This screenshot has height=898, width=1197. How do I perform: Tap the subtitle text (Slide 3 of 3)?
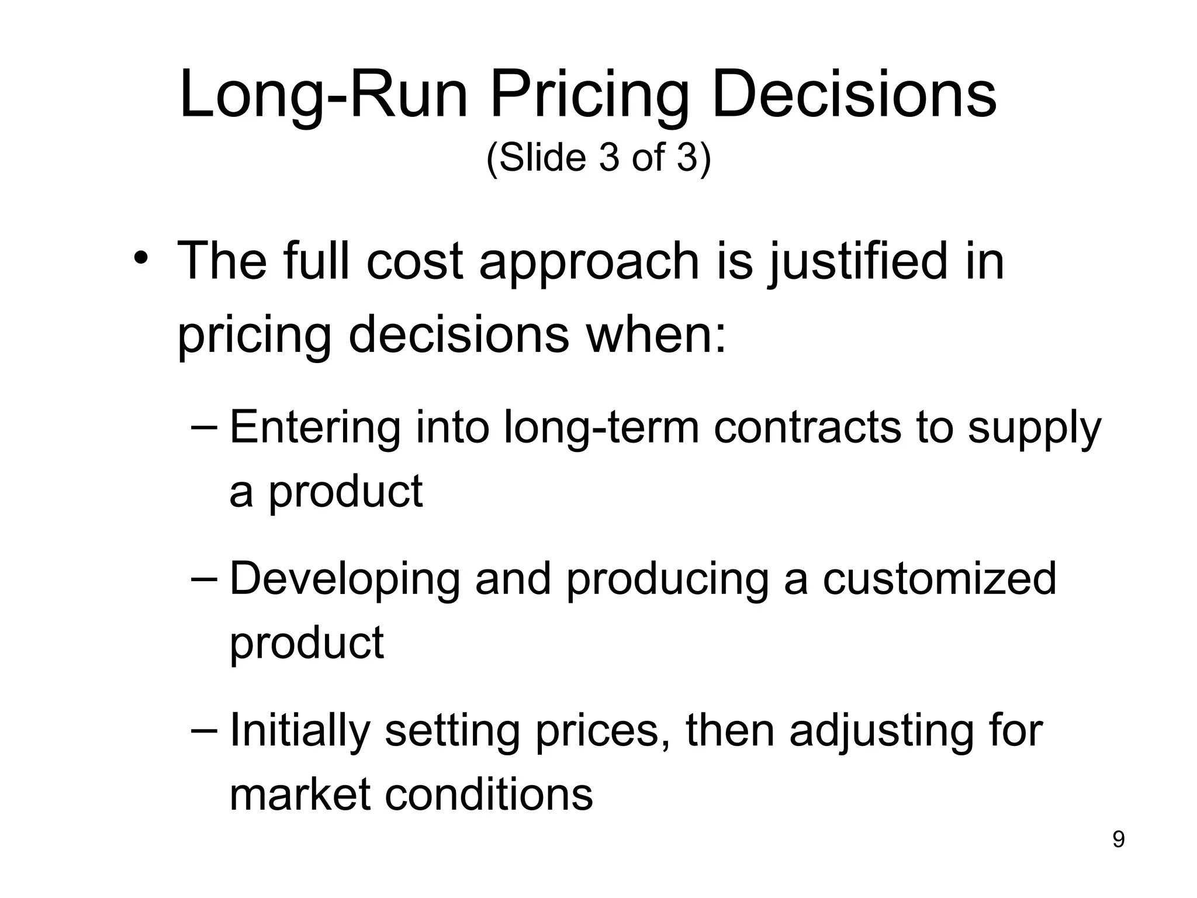point(598,158)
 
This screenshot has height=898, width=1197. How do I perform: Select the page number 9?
point(1118,840)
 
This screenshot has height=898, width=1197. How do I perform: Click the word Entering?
point(315,429)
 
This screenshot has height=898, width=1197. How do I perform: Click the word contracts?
point(807,429)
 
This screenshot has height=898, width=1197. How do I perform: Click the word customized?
point(939,579)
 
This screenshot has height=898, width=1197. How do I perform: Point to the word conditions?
point(489,795)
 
